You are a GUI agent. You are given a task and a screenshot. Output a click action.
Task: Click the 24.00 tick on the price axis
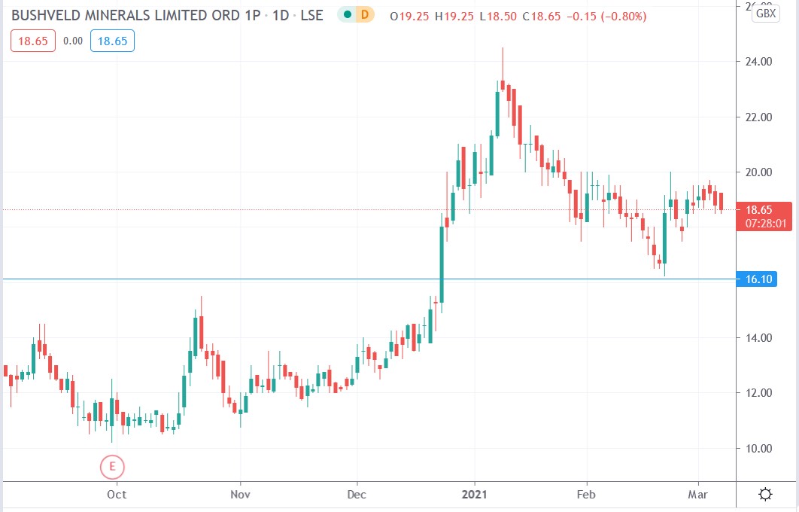coord(758,62)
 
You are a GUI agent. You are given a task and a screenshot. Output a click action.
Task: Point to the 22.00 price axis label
coord(758,117)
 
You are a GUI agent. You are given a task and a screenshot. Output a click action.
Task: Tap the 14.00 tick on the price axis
coord(758,337)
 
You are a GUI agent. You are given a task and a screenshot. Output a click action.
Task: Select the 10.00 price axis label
coord(758,448)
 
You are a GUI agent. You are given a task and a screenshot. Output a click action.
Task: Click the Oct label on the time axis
coord(117,495)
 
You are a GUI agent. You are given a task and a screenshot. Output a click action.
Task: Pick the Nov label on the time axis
coord(240,495)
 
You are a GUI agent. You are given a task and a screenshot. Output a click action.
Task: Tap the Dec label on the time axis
coord(357,495)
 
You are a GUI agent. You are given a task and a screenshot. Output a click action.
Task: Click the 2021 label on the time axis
coord(475,495)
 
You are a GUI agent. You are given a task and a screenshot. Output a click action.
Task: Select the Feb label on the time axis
coord(586,495)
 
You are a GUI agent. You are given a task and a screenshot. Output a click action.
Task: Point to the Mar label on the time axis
coord(698,495)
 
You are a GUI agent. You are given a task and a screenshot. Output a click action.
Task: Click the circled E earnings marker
coord(112,467)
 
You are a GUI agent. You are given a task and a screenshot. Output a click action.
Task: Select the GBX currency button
coord(765,13)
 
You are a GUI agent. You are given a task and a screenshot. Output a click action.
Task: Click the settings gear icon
coord(765,495)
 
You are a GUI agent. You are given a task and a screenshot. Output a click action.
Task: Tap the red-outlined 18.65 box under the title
coord(33,41)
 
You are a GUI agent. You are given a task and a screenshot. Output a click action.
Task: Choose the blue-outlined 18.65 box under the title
coord(112,41)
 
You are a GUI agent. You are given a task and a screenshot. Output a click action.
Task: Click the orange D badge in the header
coord(365,14)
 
